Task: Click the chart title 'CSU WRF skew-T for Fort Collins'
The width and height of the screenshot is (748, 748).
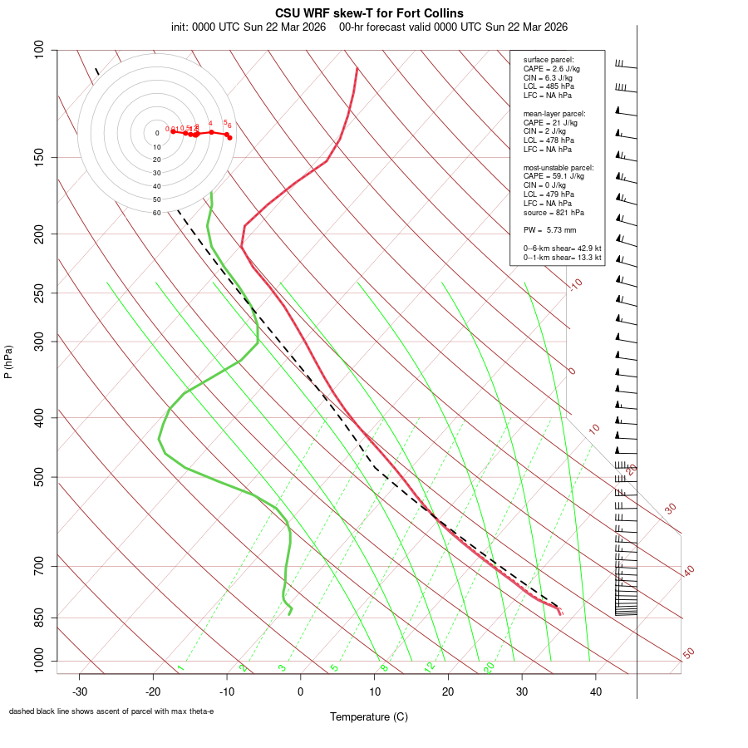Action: coord(369,13)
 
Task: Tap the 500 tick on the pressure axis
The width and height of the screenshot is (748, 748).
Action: coord(39,478)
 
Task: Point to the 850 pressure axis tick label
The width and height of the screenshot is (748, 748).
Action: coord(39,618)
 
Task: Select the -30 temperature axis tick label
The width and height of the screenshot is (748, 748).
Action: coord(79,691)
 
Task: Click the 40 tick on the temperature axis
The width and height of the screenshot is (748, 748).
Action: coord(595,691)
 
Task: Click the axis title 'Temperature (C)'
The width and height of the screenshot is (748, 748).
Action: coord(369,716)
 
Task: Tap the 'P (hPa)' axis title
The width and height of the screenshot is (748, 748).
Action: coord(8,362)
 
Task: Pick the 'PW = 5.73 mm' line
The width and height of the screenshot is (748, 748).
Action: coord(549,229)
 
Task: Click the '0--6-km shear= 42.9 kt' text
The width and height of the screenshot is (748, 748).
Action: coord(562,248)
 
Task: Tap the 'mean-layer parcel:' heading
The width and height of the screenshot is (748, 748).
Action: coord(554,113)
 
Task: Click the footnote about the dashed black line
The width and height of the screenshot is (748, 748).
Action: coord(111,711)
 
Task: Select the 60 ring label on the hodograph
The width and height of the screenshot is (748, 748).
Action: coord(156,213)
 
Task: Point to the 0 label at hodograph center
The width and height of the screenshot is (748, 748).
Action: coord(156,133)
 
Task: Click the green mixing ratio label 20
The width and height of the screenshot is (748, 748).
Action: coord(490,667)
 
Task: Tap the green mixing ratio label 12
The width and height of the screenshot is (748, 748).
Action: coord(430,667)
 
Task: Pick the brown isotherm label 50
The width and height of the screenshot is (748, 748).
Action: coord(688,654)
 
